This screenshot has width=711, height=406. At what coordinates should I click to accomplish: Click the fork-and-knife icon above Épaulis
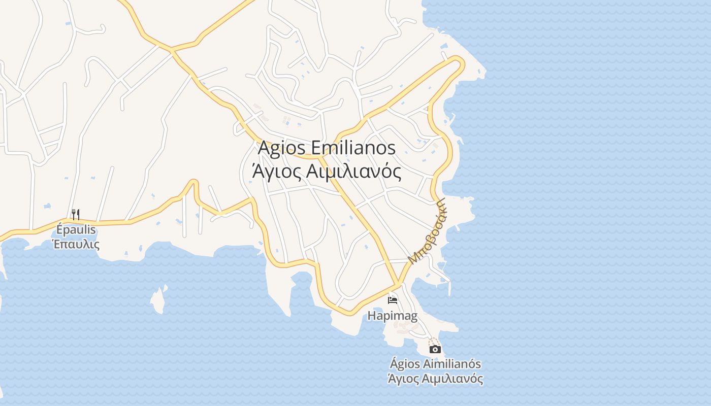pos(76,214)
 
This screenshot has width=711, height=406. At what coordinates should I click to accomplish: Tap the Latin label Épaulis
pos(76,230)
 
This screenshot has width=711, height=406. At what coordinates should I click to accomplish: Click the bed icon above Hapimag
pos(393,300)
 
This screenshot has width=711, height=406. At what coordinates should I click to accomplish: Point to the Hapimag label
pos(393,316)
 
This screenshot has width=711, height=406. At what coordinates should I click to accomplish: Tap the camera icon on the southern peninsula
pos(435,349)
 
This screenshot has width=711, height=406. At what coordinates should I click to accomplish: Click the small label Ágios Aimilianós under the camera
pos(435,364)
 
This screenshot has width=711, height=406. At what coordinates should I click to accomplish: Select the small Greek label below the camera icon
pos(435,379)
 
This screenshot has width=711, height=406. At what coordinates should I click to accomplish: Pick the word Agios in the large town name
pos(282,148)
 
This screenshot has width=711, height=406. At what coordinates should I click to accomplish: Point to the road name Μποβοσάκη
pos(427,231)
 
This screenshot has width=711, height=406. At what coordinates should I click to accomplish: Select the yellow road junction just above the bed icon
pos(399,283)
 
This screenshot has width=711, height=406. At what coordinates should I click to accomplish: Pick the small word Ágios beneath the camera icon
pos(404,364)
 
